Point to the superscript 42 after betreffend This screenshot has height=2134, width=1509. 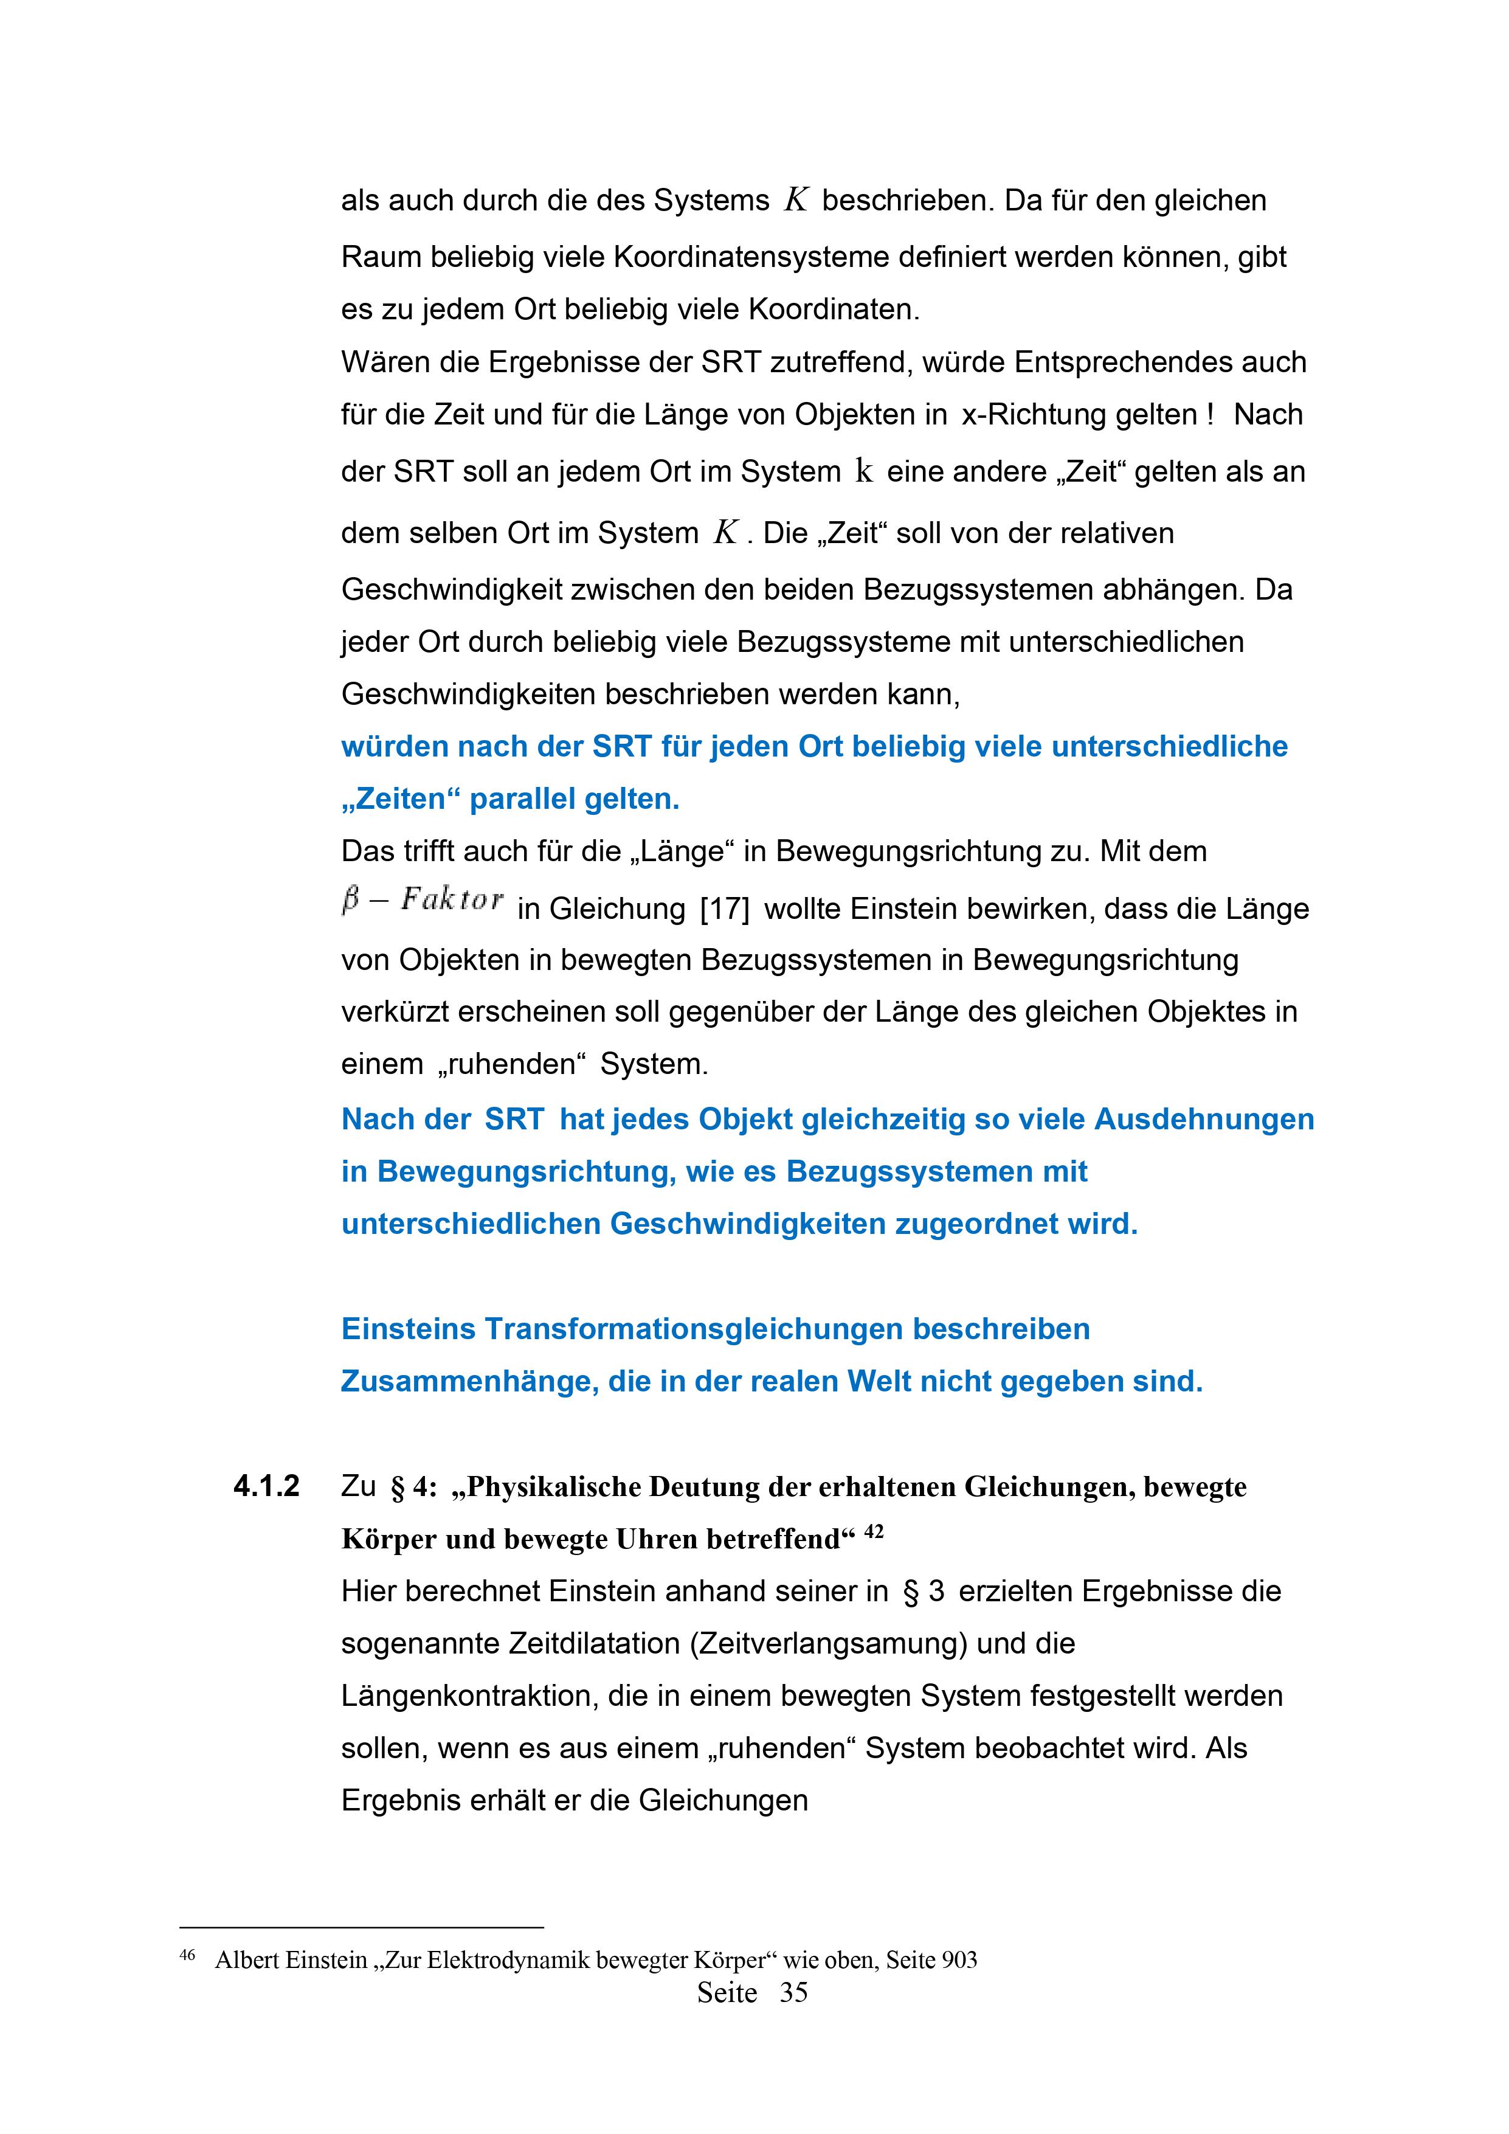click(874, 1531)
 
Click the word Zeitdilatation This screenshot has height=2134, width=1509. click(595, 1643)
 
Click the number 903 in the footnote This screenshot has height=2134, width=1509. click(959, 1960)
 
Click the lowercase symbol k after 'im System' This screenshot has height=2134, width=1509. click(863, 471)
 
